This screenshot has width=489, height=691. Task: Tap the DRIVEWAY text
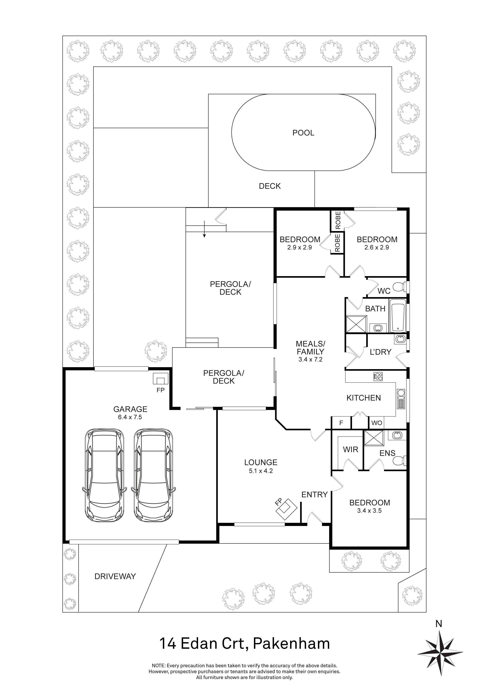point(115,576)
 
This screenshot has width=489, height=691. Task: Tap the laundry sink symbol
point(400,339)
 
